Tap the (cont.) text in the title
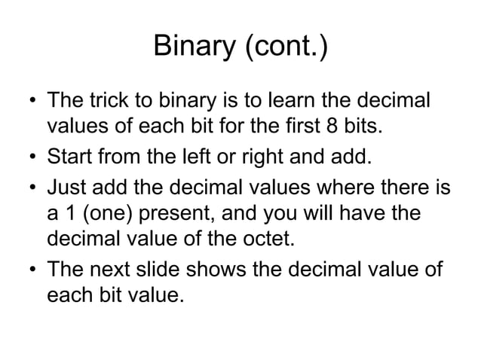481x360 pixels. [x=284, y=49]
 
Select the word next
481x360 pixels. [x=112, y=271]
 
